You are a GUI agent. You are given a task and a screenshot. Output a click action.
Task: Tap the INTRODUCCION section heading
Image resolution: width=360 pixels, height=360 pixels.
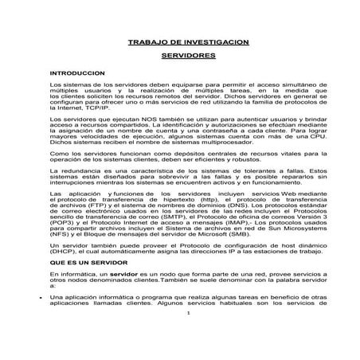77,72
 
